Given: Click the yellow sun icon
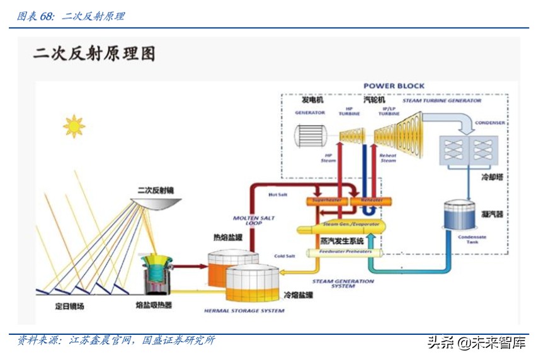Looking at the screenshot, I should click(x=74, y=126).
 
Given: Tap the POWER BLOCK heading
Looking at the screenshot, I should click(x=394, y=86).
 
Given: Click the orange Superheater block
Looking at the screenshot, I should click(x=326, y=201).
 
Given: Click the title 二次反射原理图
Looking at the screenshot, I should click(x=94, y=53).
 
